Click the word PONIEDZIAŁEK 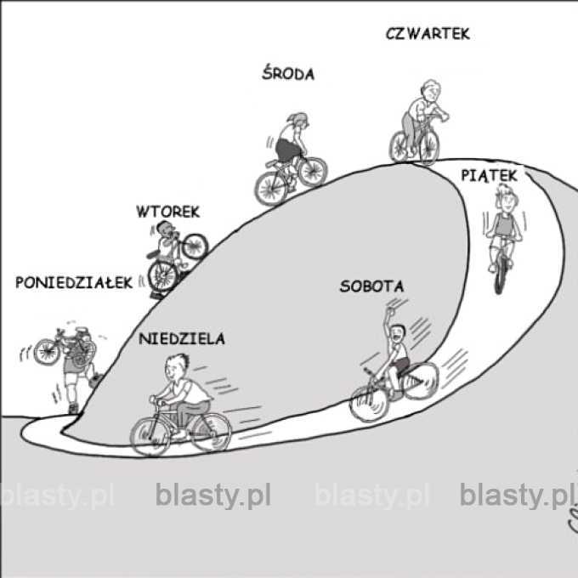click(75, 283)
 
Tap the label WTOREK click(167, 212)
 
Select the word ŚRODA click(286, 74)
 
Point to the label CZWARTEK click(427, 34)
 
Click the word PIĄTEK click(488, 174)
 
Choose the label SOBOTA click(371, 286)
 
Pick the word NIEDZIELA click(181, 339)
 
